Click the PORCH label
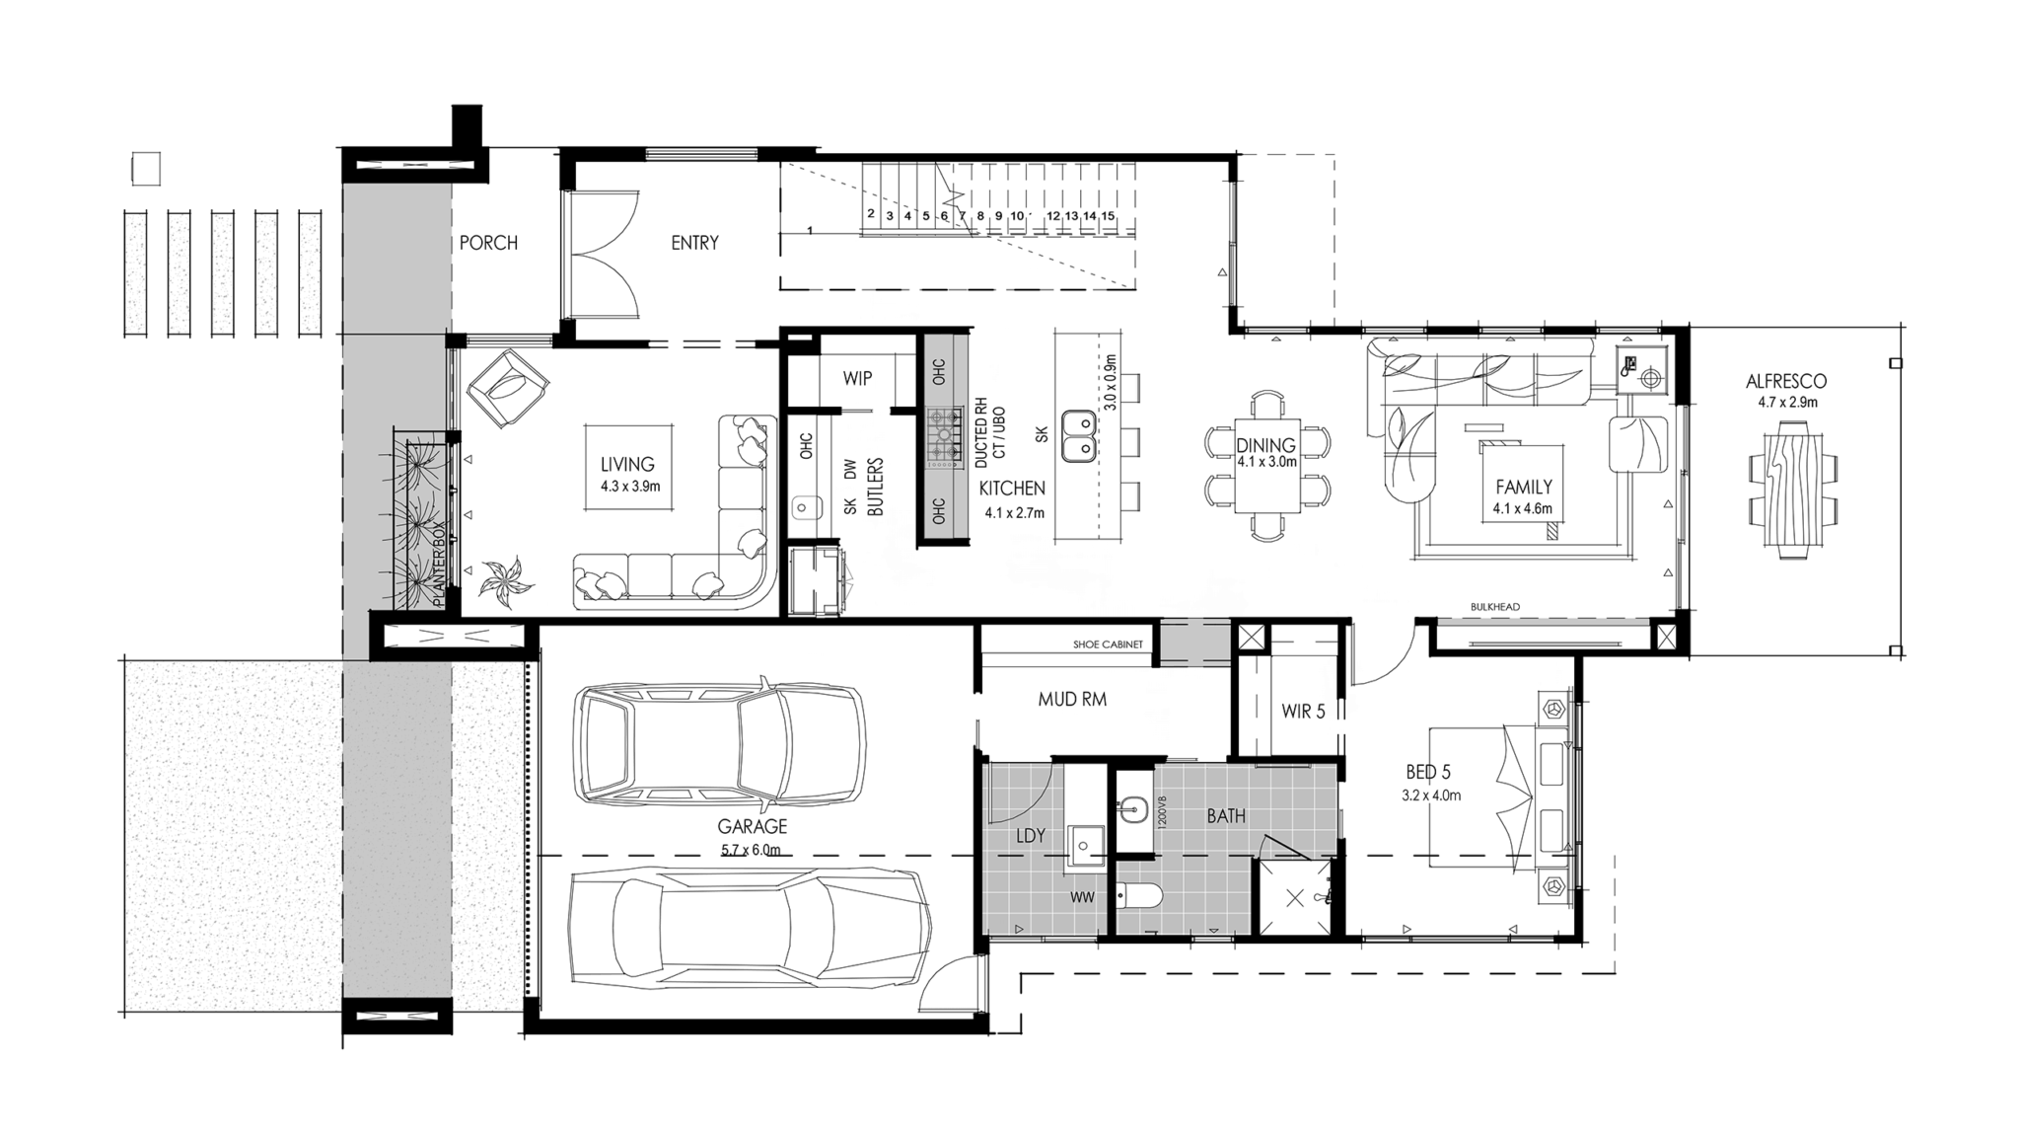(488, 243)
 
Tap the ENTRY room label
(694, 243)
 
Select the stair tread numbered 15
(1109, 216)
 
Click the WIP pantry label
(857, 378)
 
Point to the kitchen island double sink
(1078, 436)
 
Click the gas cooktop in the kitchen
(944, 436)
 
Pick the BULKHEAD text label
(1495, 607)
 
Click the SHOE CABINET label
(1108, 644)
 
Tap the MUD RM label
(1072, 700)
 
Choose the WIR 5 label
(1303, 711)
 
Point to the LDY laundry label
(1031, 836)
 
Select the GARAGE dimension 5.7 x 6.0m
(751, 850)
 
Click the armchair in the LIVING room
(507, 388)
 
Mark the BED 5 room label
(1428, 773)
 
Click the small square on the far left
(146, 169)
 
